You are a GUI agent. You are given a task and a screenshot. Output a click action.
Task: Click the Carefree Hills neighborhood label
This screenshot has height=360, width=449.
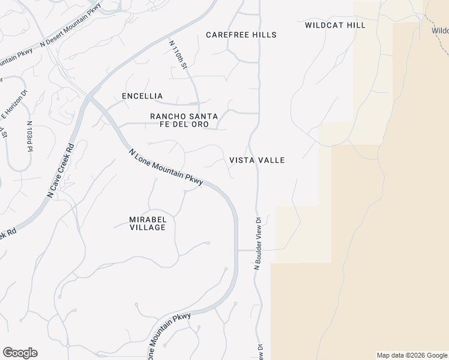(x=241, y=35)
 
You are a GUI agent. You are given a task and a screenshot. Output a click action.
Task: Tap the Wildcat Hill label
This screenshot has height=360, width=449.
(x=335, y=25)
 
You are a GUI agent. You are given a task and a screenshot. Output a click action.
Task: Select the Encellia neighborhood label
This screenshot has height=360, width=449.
(x=142, y=96)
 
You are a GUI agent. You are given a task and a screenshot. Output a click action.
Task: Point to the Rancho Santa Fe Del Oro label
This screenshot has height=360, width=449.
(x=184, y=120)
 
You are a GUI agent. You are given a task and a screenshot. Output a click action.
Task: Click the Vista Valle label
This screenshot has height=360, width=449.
(x=257, y=160)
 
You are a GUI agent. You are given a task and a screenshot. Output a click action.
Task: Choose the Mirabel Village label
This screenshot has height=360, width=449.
(x=148, y=223)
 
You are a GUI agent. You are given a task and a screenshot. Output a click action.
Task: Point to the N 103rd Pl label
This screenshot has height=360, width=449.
(x=29, y=137)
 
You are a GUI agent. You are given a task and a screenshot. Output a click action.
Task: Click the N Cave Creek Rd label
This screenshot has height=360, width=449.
(x=61, y=171)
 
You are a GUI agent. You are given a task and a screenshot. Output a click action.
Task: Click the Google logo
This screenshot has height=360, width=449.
(x=20, y=353)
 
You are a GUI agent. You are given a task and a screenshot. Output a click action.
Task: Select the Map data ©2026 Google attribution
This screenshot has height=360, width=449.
(x=412, y=355)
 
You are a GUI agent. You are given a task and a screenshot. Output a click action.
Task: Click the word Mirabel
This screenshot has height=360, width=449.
(x=148, y=220)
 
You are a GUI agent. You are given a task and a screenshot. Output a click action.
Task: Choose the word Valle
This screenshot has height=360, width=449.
(x=272, y=160)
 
